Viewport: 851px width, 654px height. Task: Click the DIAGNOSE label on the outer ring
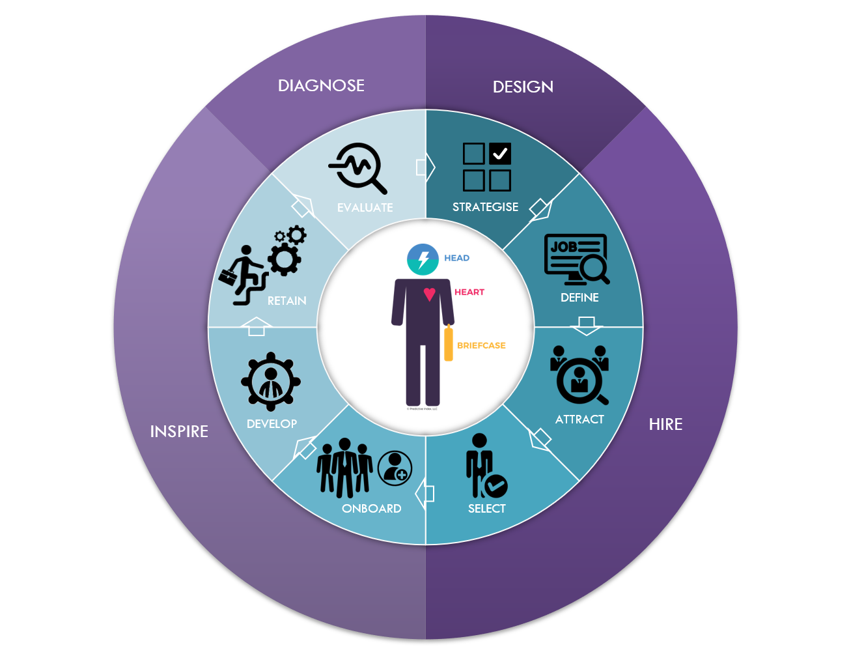tap(321, 86)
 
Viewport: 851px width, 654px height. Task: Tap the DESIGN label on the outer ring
tap(523, 87)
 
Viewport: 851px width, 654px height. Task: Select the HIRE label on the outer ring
tap(665, 425)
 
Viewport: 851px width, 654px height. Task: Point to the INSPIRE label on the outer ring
tap(179, 431)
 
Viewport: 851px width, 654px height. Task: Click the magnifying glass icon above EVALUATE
tap(357, 167)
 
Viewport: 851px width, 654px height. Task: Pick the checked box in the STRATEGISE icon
tap(500, 154)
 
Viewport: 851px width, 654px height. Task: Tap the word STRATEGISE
tap(486, 207)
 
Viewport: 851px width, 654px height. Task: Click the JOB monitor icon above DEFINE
tap(576, 259)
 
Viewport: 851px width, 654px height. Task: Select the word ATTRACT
tap(579, 419)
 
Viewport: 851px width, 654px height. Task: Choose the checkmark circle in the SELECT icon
tap(496, 485)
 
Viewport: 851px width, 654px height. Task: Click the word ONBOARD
tap(372, 509)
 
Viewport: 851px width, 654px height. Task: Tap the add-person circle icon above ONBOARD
tap(395, 468)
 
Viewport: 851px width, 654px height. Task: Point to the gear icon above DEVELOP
tap(271, 383)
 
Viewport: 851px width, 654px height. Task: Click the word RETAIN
tap(286, 301)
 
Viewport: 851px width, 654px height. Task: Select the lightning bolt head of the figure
tap(423, 259)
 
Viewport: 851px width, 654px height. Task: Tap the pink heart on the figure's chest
tap(430, 294)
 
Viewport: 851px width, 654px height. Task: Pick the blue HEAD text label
tap(457, 259)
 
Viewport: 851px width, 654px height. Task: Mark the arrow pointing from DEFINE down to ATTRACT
tap(587, 325)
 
